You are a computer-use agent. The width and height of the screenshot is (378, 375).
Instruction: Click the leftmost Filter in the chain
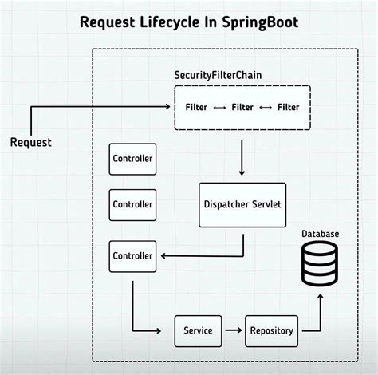pos(197,106)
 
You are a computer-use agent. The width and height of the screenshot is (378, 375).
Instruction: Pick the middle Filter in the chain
pos(242,106)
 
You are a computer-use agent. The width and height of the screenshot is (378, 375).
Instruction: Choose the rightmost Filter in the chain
pos(288,106)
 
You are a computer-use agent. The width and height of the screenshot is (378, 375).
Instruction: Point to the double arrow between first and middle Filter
pos(220,106)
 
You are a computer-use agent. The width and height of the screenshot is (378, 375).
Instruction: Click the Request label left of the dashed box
pos(30,142)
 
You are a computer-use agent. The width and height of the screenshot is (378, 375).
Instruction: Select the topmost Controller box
pos(132,159)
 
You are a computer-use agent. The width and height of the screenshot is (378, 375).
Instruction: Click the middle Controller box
pos(132,204)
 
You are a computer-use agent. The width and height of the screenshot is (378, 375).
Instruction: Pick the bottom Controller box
pos(132,255)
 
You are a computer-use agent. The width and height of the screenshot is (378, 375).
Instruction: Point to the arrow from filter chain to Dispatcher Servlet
pos(241,156)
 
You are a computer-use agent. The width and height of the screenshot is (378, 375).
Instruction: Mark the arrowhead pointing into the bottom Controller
pos(163,255)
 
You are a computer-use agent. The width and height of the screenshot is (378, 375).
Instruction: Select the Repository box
pos(271,330)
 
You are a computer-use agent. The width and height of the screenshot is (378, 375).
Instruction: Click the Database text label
pos(320,233)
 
